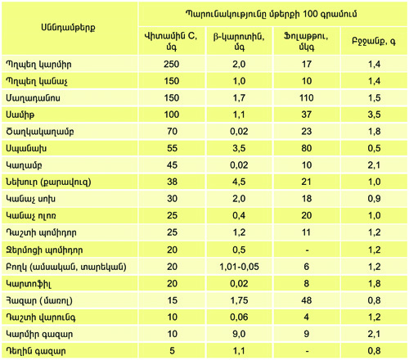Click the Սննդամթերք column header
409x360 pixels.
[x=68, y=28]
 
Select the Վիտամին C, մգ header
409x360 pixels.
[x=171, y=41]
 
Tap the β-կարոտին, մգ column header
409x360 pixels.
[x=239, y=41]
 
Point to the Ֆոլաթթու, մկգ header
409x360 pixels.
[x=306, y=41]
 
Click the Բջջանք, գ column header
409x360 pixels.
[x=374, y=42]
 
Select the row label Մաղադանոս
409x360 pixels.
[x=33, y=98]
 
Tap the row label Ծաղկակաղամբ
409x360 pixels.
[x=40, y=132]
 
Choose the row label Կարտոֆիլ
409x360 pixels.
[x=29, y=284]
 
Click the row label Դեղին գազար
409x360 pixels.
[x=36, y=351]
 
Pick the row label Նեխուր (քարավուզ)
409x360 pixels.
[x=48, y=182]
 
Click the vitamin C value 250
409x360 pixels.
[x=172, y=65]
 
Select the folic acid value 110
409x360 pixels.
[x=307, y=98]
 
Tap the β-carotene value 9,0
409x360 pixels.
[x=239, y=334]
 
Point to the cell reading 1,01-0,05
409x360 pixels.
[x=239, y=267]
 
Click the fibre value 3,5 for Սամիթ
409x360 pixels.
[x=374, y=115]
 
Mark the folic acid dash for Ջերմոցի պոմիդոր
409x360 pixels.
[x=307, y=250]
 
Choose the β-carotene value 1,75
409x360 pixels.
[x=239, y=300]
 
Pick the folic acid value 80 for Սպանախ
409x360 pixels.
[x=307, y=148]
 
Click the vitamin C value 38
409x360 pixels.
[x=172, y=182]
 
